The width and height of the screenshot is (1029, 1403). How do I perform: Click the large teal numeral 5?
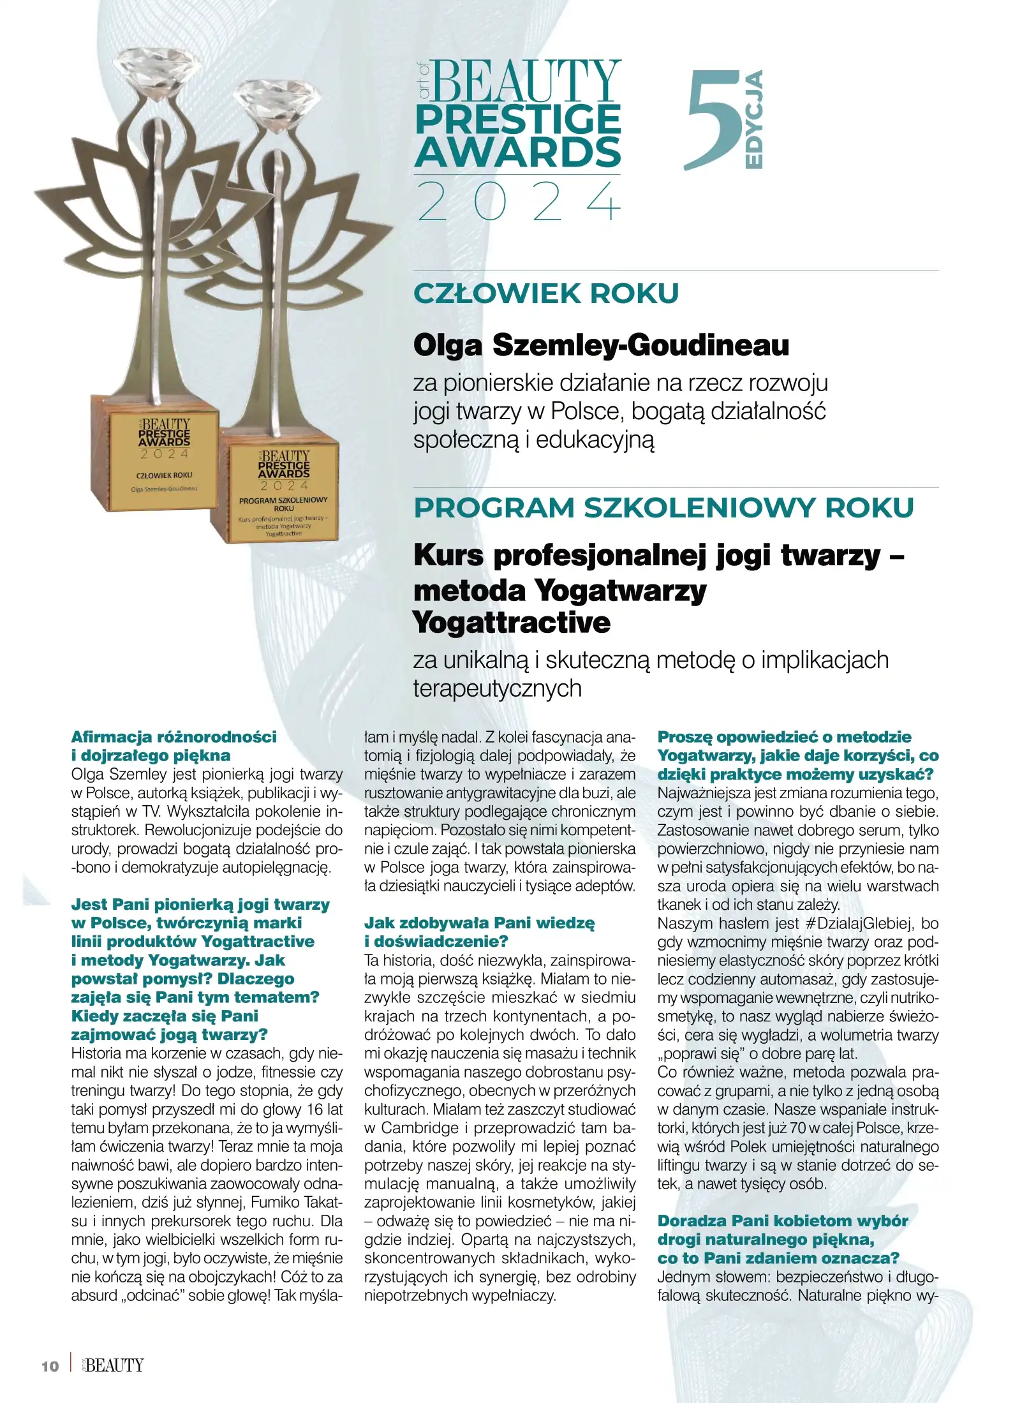pos(713,121)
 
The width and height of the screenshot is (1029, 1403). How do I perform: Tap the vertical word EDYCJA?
pos(754,119)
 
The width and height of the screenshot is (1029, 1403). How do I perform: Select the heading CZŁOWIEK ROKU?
pos(546,293)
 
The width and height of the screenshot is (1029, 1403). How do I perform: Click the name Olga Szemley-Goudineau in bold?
pos(601,345)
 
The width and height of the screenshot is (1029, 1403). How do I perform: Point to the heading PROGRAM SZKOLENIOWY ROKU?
pos(663,508)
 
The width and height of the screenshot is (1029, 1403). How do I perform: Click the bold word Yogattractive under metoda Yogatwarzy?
pos(512,623)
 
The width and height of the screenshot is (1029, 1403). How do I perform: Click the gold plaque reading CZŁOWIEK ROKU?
pos(164,459)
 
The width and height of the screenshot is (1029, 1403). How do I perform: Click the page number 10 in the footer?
pos(50,1366)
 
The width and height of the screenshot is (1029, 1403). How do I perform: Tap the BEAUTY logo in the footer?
pos(114,1365)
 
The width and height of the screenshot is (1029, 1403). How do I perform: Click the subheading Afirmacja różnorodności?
pos(174,737)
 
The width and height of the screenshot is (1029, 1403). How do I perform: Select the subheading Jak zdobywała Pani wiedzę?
pos(479,923)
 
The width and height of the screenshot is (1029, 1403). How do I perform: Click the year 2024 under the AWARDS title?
pos(518,202)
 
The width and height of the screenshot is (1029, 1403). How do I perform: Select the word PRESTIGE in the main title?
pos(518,119)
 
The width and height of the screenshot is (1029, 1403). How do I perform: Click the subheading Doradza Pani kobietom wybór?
pos(782,1221)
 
